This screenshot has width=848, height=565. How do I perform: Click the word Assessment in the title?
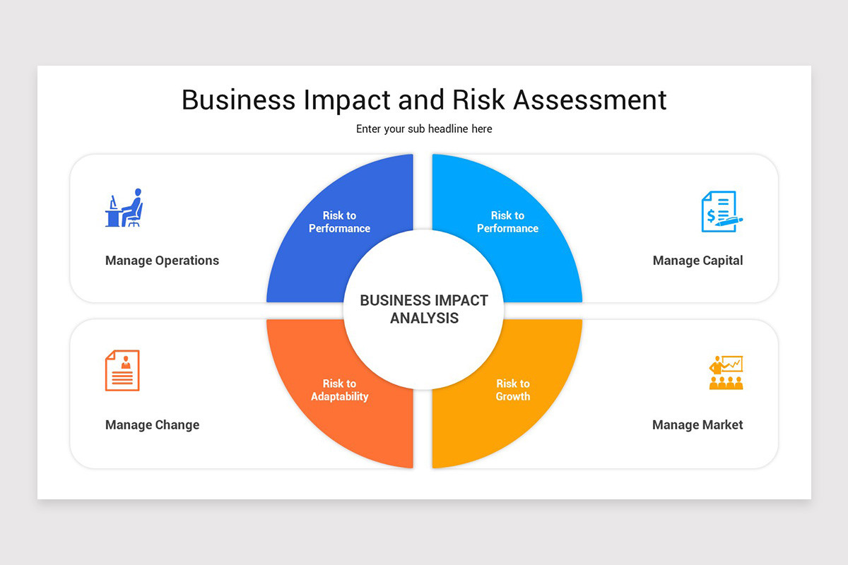pyautogui.click(x=589, y=100)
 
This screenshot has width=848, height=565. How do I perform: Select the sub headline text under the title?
pyautogui.click(x=424, y=129)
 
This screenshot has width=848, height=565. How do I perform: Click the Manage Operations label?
pyautogui.click(x=162, y=261)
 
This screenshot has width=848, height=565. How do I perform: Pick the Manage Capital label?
pyautogui.click(x=697, y=261)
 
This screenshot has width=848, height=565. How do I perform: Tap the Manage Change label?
pyautogui.click(x=152, y=425)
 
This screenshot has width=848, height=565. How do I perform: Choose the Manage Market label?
pyautogui.click(x=697, y=425)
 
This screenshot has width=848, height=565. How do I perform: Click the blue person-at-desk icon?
pyautogui.click(x=124, y=208)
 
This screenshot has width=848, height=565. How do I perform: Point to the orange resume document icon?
pyautogui.click(x=122, y=370)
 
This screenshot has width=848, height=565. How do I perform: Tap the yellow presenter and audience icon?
pyautogui.click(x=726, y=372)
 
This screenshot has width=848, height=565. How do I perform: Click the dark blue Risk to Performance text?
pyautogui.click(x=339, y=222)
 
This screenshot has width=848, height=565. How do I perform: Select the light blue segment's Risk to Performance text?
pyautogui.click(x=507, y=222)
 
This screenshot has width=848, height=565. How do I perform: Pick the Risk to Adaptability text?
pyautogui.click(x=339, y=390)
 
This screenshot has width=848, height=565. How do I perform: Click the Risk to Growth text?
pyautogui.click(x=512, y=390)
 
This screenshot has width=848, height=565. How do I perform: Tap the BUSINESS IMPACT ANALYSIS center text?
pyautogui.click(x=424, y=309)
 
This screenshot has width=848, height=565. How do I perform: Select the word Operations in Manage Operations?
pyautogui.click(x=187, y=261)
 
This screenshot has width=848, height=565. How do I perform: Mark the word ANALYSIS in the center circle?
pyautogui.click(x=424, y=319)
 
